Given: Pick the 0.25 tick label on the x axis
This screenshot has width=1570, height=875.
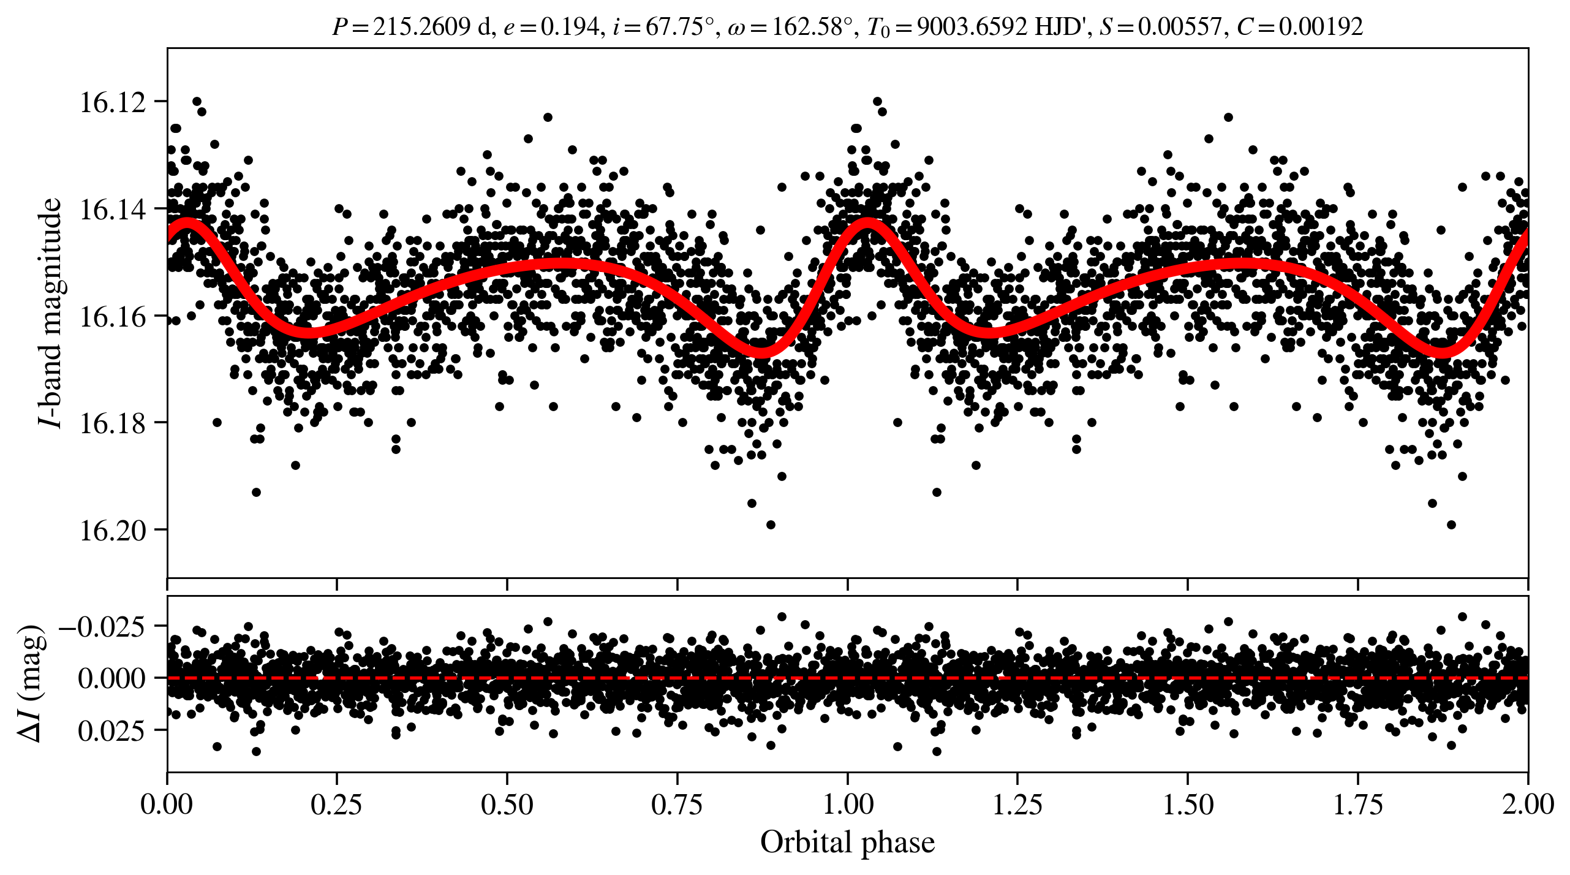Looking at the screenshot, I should [336, 804].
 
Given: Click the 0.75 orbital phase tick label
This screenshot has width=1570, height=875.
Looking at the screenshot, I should [677, 804].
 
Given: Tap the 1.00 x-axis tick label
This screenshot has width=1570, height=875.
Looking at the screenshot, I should [847, 804].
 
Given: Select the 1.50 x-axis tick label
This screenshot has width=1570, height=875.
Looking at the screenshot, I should [1188, 804].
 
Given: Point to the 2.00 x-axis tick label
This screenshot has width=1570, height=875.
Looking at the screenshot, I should [1527, 804].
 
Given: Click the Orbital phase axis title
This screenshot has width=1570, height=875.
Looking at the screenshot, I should [847, 843].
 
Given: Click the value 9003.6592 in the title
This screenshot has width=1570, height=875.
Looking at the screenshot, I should [972, 27].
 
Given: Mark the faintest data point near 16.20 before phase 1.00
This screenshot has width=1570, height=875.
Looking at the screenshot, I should [771, 525].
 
